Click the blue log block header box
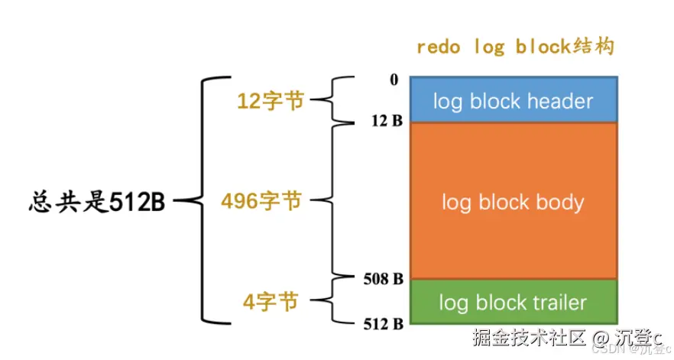(513, 99)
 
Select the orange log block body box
(513, 201)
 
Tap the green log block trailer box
(513, 302)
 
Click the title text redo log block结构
(515, 47)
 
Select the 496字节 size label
(261, 202)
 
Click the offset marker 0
(394, 79)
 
